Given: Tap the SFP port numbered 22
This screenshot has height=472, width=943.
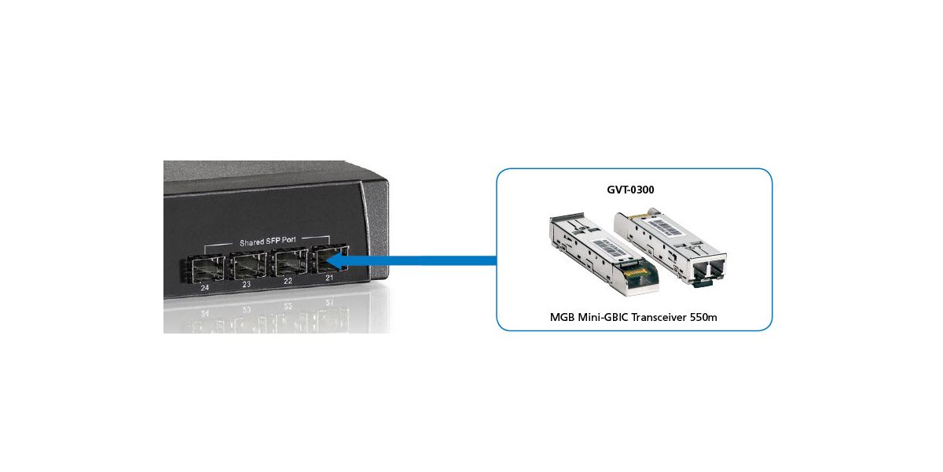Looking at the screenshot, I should point(288,265).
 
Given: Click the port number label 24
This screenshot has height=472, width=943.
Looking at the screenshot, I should point(205,289).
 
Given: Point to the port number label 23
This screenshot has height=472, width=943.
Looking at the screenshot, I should point(246,284).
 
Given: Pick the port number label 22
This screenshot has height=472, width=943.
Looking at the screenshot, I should point(288,282).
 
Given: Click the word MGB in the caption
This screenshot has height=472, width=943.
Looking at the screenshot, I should point(563,318).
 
